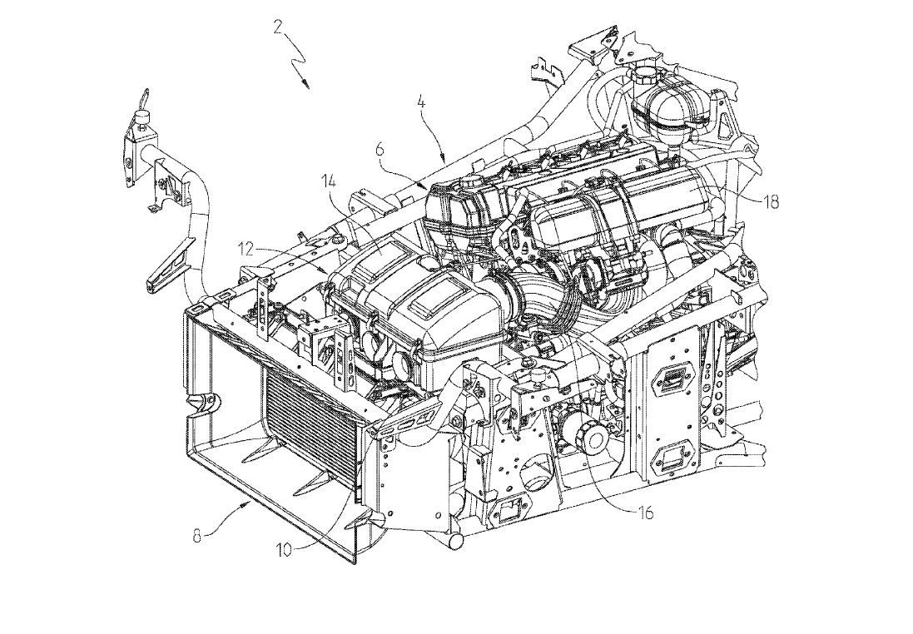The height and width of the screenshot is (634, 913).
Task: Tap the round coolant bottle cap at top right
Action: tap(645, 76)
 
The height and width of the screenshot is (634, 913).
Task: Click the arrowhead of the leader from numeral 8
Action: tap(248, 504)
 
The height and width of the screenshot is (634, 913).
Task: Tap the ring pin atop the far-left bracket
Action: tap(144, 99)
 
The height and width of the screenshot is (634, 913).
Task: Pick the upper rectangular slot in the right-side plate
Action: tap(670, 379)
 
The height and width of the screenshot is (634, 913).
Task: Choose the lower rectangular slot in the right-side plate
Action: tap(670, 456)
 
